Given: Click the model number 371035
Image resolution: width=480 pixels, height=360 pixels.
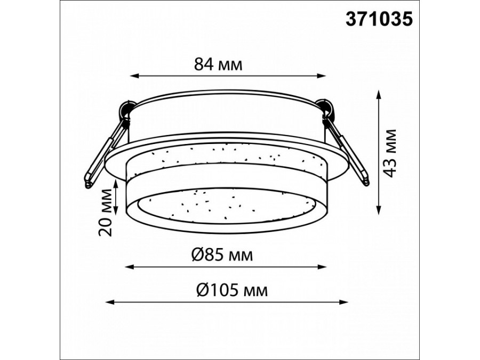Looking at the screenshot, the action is click(379, 19).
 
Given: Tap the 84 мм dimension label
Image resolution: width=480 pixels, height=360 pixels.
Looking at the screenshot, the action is click(218, 65).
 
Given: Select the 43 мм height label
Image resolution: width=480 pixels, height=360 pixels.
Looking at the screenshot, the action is click(390, 153).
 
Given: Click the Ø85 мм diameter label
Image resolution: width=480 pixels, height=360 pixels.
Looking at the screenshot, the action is click(222, 255).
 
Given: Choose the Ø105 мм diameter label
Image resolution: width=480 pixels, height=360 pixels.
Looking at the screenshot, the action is click(232, 290).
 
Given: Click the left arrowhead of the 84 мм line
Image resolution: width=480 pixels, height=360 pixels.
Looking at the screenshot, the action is click(135, 76).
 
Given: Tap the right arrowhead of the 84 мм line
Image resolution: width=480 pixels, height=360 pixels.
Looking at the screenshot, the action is click(321, 76).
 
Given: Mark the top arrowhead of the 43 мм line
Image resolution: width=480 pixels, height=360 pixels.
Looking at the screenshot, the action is click(379, 94).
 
